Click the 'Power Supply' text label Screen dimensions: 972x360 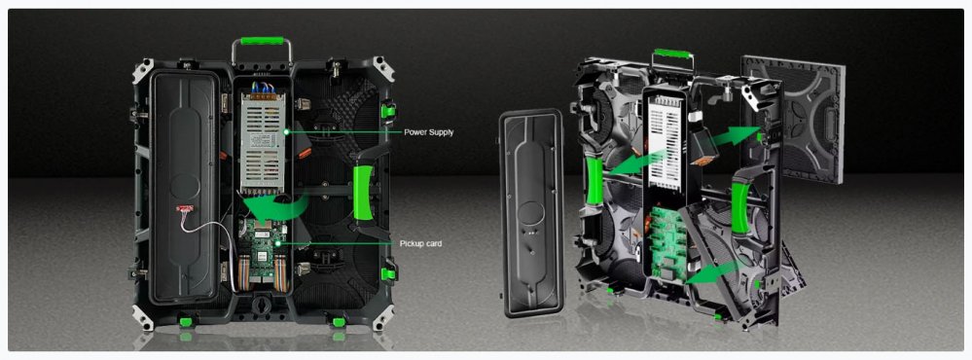click(x=428, y=132)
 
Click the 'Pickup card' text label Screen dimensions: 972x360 click(x=421, y=243)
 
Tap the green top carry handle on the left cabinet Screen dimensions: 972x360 click(x=262, y=41)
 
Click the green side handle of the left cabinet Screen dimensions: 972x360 click(x=363, y=192)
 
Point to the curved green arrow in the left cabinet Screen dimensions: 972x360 click(x=272, y=206)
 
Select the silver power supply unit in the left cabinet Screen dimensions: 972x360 click(x=263, y=141)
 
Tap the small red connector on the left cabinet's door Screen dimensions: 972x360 click(x=184, y=209)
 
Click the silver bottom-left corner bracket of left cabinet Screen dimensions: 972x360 click(x=142, y=317)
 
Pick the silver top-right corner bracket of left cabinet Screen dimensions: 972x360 click(x=382, y=69)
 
